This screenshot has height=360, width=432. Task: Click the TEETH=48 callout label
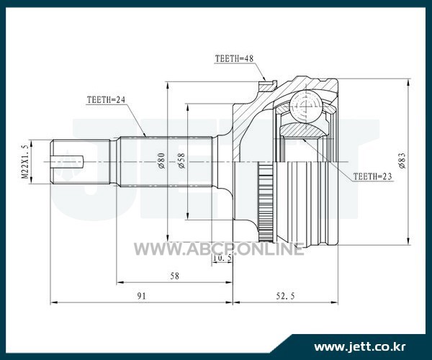click(234, 58)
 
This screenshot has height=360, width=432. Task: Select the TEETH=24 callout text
click(106, 99)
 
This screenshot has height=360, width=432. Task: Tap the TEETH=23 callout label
click(372, 176)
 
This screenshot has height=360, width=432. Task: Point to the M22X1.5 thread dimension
click(25, 162)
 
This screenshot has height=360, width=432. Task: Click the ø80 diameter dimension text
click(161, 161)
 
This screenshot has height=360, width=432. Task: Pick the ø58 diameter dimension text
click(181, 161)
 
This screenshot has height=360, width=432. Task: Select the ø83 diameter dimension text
click(402, 161)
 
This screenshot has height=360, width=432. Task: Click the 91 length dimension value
click(142, 296)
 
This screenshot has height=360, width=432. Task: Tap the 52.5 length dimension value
click(285, 296)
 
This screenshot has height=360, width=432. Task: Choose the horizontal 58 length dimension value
click(174, 276)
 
